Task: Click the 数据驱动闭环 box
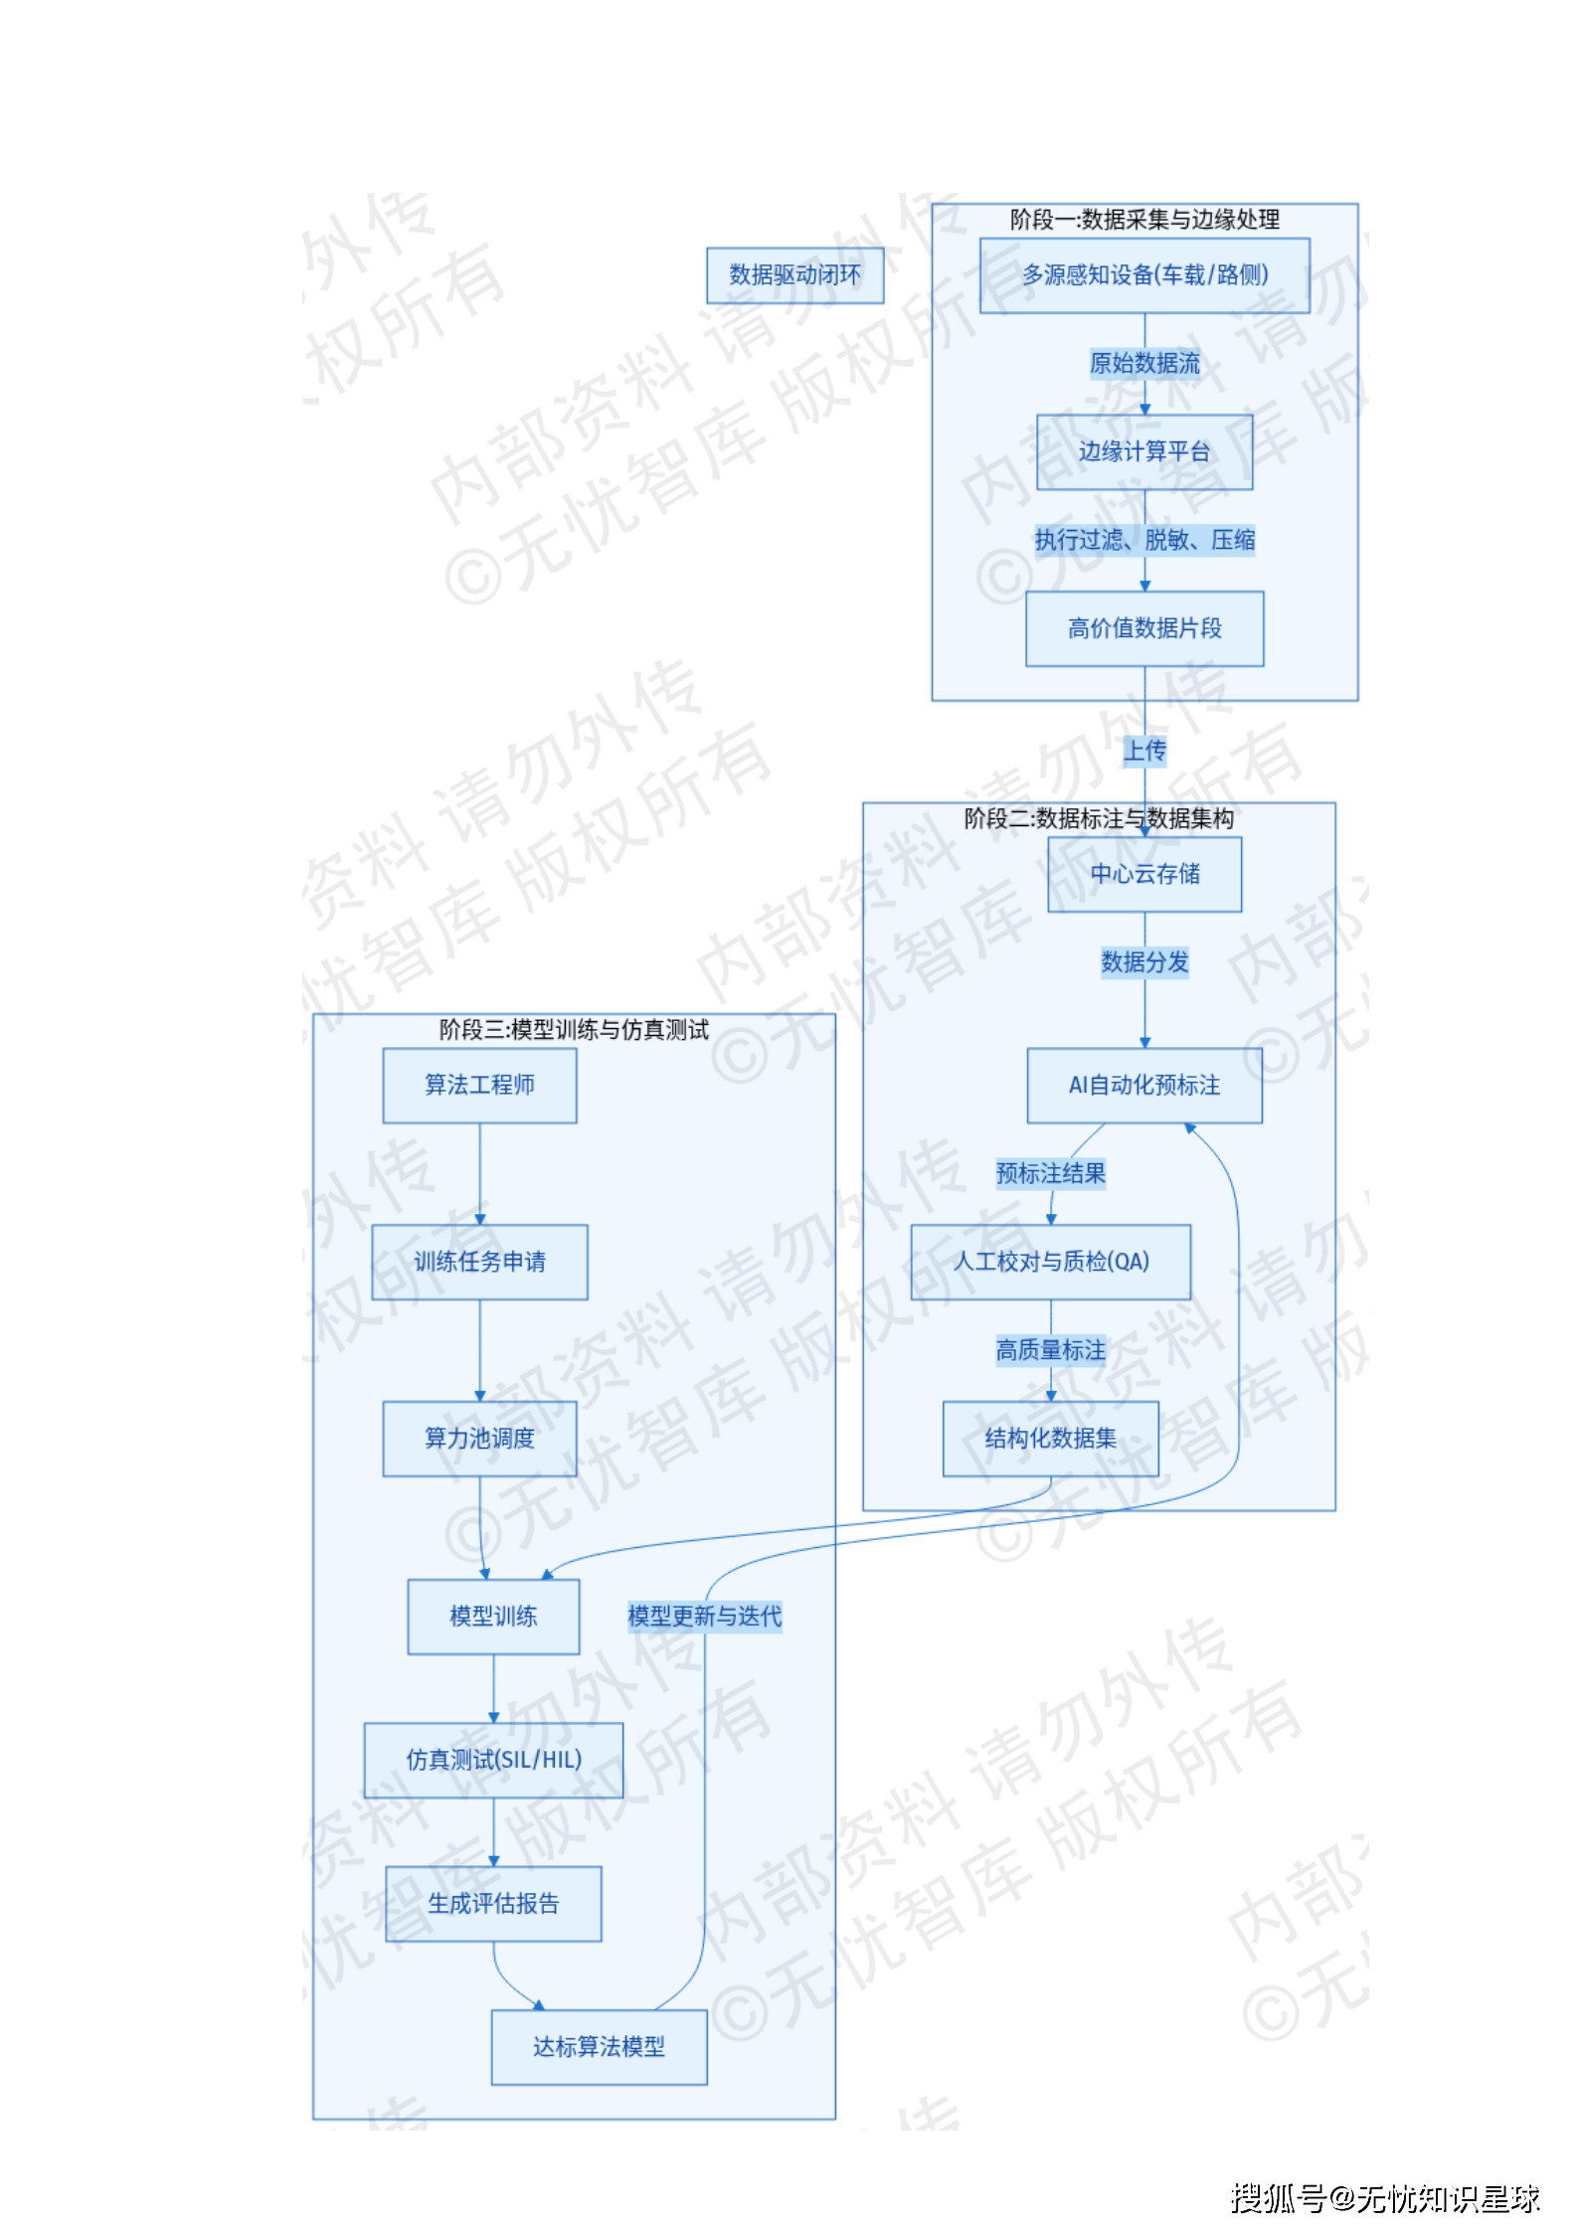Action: [x=794, y=275]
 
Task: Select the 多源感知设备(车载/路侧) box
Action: [x=1143, y=275]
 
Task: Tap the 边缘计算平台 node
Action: [x=1143, y=452]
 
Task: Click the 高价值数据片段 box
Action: [x=1143, y=628]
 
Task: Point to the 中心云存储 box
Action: [x=1143, y=874]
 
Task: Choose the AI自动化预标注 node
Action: [x=1143, y=1085]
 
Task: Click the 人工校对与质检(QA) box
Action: [x=1050, y=1262]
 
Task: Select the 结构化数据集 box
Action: [x=1050, y=1439]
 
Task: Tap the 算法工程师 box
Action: [x=479, y=1085]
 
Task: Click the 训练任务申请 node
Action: [x=479, y=1262]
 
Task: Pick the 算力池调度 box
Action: [x=479, y=1439]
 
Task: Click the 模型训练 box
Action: [x=493, y=1617]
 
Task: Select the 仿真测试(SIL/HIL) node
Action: [x=493, y=1760]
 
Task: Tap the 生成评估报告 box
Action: [x=493, y=1904]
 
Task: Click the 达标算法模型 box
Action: [x=599, y=2047]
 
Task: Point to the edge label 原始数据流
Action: [x=1143, y=364]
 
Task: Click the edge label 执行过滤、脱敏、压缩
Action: [x=1143, y=540]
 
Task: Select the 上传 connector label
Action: [x=1143, y=751]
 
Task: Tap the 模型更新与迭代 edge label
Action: [x=704, y=1617]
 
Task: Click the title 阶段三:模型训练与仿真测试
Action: [x=574, y=1030]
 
